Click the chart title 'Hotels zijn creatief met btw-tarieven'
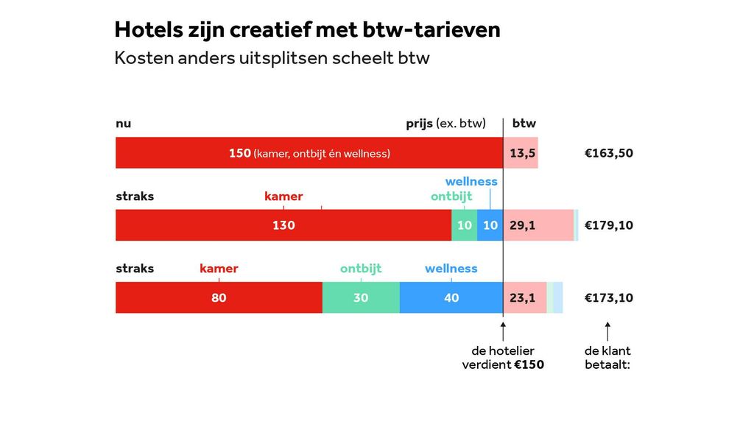[x=307, y=29]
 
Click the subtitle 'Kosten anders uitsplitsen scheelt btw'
[x=272, y=58]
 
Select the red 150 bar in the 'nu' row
[x=309, y=153]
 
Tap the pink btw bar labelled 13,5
[x=521, y=153]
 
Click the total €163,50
[x=608, y=153]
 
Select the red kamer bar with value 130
[x=283, y=225]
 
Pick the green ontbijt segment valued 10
[x=464, y=225]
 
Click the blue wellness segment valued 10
[x=490, y=225]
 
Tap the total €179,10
[x=608, y=225]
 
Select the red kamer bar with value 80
[x=219, y=297]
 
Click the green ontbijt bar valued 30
[x=361, y=297]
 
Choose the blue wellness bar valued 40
[x=451, y=297]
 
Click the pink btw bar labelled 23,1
[x=524, y=297]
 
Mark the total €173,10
[x=608, y=297]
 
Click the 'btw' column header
[x=524, y=124]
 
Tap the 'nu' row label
[x=123, y=124]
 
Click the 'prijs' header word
[x=419, y=124]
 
